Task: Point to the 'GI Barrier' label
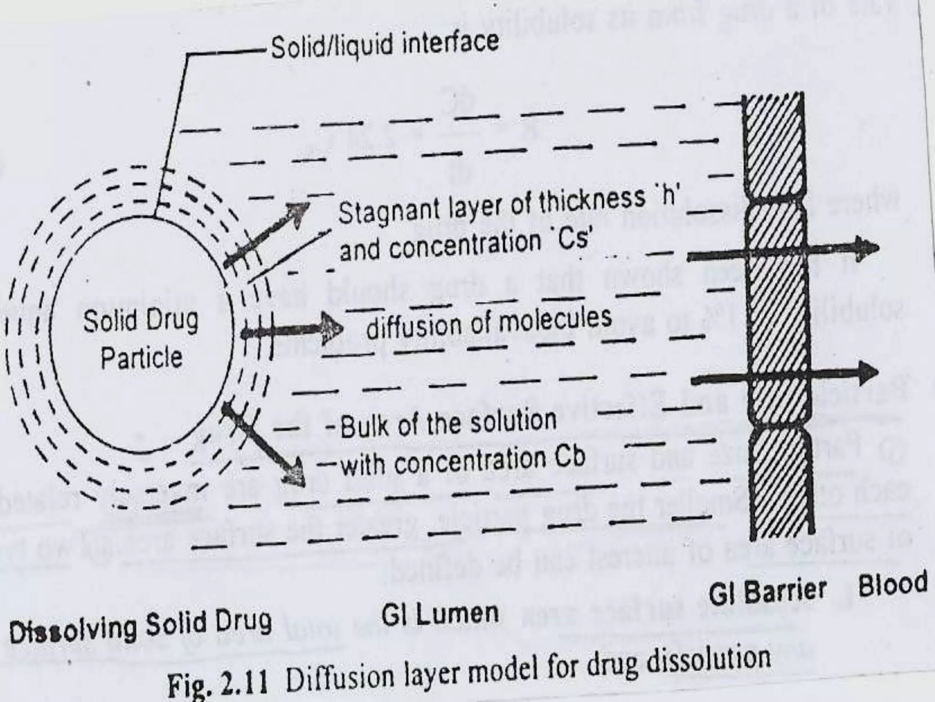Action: pos(767,591)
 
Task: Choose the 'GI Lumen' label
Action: pos(440,614)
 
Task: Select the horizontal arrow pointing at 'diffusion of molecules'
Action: pos(292,330)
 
